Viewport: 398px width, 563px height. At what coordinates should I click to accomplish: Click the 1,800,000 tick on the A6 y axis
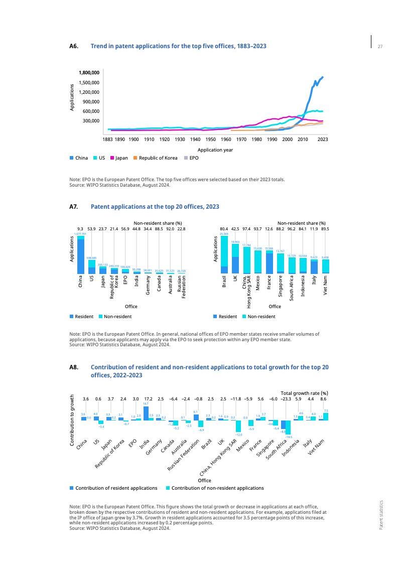coord(89,73)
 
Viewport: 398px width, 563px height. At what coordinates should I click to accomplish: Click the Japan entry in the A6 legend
coord(118,158)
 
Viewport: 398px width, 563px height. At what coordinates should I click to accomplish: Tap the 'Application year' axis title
coord(215,150)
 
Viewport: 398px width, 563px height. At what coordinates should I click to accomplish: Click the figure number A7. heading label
coord(73,207)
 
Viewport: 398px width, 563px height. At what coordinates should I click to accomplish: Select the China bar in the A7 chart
coord(81,255)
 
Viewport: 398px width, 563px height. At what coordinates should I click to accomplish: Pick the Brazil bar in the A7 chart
coord(224,255)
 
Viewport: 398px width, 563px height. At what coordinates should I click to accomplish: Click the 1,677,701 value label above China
coord(81,234)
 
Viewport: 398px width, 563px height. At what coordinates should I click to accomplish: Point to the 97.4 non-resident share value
coord(246,229)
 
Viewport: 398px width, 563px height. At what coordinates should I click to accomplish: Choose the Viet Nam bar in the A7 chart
coord(326,266)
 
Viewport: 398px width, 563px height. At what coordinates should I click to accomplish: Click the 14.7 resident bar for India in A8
coord(146,413)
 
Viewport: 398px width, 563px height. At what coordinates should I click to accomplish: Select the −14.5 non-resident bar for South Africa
coord(288,427)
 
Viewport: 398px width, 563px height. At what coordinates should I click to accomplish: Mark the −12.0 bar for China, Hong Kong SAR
coord(238,426)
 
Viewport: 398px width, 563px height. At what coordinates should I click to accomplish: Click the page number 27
coord(380,47)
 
